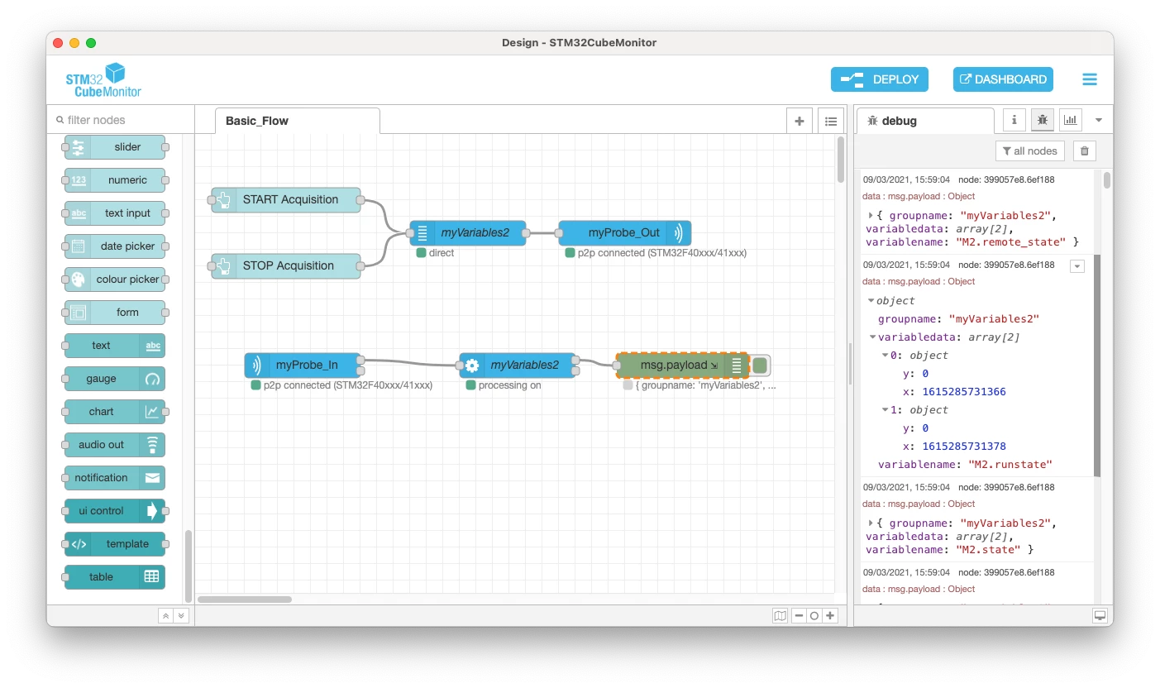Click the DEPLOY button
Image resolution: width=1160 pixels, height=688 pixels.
[x=879, y=79]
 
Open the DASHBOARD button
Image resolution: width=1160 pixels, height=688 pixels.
[x=1003, y=79]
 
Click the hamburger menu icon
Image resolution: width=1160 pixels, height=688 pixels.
[x=1090, y=79]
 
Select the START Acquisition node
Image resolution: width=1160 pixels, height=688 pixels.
[x=286, y=199]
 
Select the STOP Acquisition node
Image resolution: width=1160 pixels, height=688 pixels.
[x=286, y=265]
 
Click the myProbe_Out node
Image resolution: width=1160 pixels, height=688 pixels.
[x=624, y=232]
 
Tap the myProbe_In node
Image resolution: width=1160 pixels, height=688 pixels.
[x=303, y=365]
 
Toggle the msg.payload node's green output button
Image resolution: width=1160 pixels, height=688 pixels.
[x=760, y=365]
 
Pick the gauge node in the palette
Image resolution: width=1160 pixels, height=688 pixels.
[x=114, y=379]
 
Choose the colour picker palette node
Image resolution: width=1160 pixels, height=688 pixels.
[x=114, y=279]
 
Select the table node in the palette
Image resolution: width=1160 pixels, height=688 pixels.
[x=114, y=576]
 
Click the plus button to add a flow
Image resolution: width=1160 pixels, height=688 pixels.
[x=799, y=121]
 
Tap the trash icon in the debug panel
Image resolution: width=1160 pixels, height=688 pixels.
[x=1085, y=150]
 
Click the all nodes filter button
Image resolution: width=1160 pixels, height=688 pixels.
[x=1029, y=150]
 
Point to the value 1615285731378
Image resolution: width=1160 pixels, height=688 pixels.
[x=964, y=446]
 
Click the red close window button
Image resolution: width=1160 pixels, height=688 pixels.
[x=58, y=43]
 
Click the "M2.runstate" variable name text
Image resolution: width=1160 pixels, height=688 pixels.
[x=1010, y=464]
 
